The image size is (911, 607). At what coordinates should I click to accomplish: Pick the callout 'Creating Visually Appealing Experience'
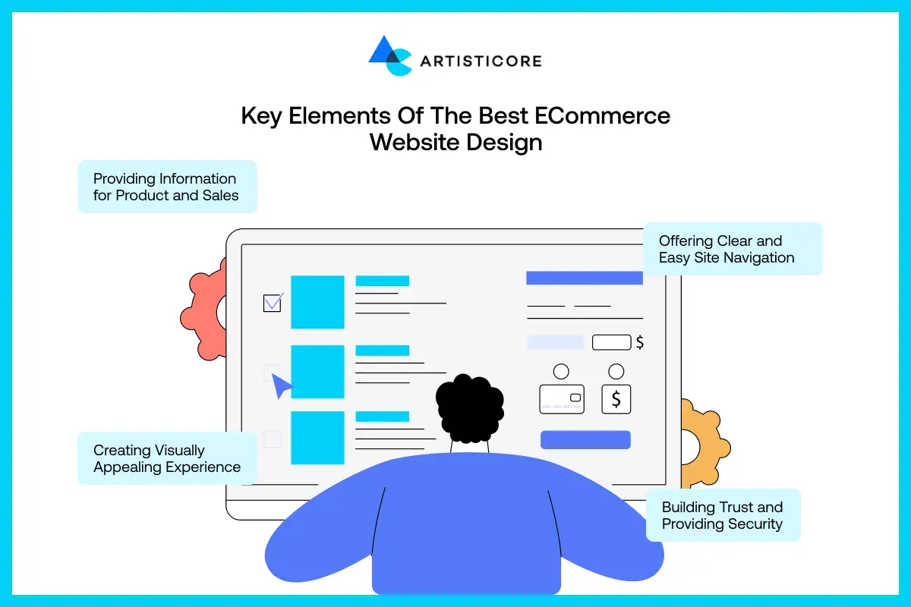coord(167,458)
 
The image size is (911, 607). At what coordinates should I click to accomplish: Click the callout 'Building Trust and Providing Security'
coord(723,515)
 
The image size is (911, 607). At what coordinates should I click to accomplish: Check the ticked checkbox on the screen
coord(272,303)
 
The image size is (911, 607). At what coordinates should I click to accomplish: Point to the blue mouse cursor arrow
coord(282,385)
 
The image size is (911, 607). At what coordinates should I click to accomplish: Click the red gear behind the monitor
coord(203,308)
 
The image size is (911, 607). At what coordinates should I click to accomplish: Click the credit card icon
coord(562,398)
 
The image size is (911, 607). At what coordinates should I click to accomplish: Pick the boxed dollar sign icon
coord(616,399)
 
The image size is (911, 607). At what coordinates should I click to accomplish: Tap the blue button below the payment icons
coord(585,439)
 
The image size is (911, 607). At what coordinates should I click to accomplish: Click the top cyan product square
coord(317,302)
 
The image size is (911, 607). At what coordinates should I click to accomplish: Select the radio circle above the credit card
coord(561,372)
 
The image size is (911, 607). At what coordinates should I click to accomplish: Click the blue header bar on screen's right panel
coord(585,278)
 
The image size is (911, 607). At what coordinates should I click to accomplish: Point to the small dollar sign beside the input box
coord(640,342)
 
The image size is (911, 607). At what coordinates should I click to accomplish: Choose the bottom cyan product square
coord(317,438)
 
